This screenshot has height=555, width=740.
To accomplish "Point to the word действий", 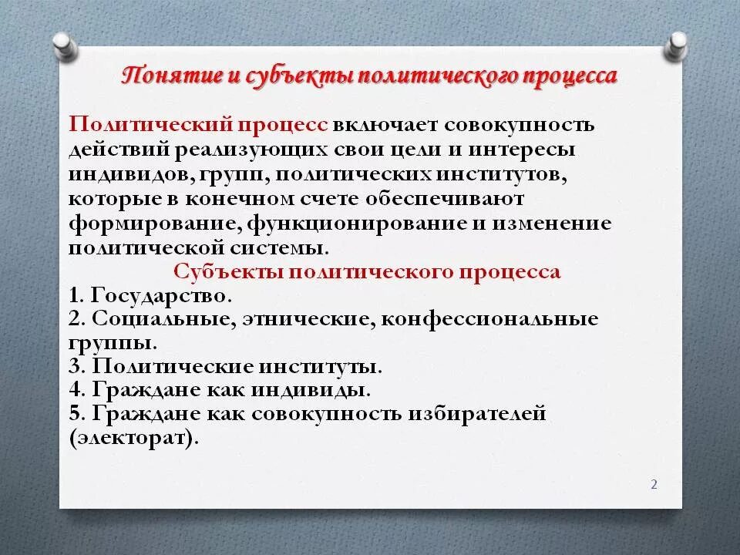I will coord(114,150).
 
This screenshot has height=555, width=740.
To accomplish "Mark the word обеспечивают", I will coord(452,199).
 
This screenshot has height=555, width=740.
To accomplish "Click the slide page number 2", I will coord(654,485).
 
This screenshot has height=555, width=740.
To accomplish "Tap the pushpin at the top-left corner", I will coord(65,44).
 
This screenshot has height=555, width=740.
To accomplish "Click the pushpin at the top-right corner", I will coord(676,44).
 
